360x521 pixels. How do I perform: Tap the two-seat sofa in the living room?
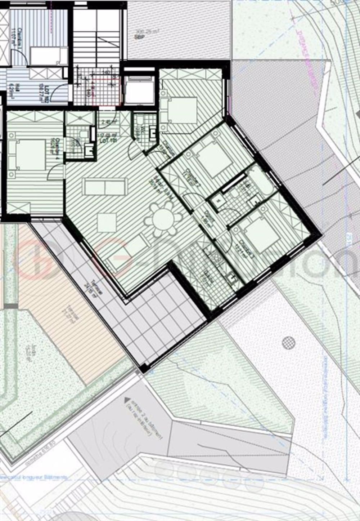click(x=105, y=187)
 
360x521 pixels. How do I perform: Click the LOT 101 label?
click(x=104, y=139)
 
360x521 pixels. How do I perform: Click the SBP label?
click(x=137, y=37)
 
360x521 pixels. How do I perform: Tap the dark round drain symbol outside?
click(x=289, y=341)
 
